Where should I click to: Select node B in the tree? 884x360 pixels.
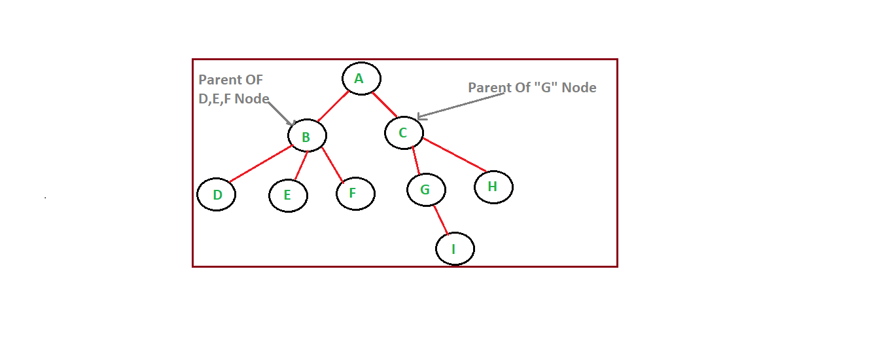[x=307, y=136]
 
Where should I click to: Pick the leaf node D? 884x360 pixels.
[x=216, y=194]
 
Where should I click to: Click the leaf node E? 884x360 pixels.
[x=288, y=195]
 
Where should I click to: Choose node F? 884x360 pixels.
[x=355, y=193]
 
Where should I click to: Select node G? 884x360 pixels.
[x=426, y=190]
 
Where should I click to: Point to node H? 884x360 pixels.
[x=493, y=187]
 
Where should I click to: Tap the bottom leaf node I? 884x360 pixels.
[x=455, y=249]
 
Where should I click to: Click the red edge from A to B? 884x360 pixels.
[x=333, y=107]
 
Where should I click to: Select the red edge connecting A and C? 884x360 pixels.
[x=385, y=105]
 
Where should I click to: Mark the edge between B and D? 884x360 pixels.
[x=261, y=164]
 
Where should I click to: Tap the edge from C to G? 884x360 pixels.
[x=415, y=161]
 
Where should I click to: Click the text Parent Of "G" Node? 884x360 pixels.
[x=532, y=88]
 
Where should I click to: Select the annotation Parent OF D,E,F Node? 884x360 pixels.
[x=234, y=90]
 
